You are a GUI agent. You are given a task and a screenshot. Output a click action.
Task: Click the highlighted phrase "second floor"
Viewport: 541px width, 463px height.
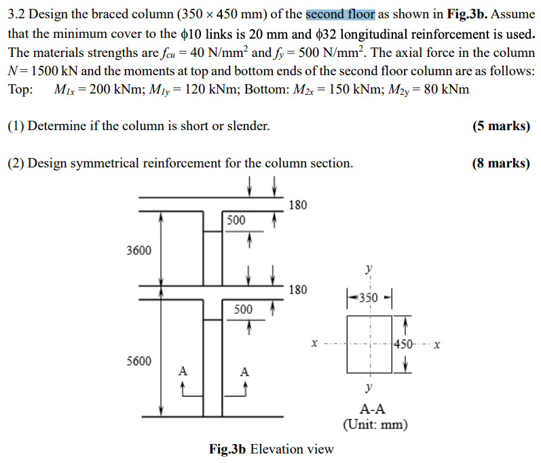click(340, 14)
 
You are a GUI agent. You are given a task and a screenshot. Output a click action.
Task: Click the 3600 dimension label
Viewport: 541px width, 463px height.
click(139, 251)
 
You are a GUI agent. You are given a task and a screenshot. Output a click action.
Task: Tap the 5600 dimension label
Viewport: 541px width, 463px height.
click(139, 361)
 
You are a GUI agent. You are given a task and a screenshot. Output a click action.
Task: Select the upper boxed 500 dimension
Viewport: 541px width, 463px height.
click(236, 220)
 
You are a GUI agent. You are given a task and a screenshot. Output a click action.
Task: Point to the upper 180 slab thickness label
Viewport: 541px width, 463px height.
click(297, 205)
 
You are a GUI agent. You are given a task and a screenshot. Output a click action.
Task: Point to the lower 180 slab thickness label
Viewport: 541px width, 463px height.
click(297, 290)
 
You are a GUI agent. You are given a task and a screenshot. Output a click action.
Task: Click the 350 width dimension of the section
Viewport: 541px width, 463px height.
click(369, 296)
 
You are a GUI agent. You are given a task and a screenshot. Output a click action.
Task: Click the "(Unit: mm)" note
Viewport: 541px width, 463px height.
click(375, 425)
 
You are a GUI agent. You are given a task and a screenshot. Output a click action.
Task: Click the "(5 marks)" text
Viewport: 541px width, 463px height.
click(501, 126)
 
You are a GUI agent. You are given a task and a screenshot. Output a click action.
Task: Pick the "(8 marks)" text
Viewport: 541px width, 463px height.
click(501, 163)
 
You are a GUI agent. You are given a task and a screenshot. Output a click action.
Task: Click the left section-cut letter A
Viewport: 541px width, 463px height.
click(182, 371)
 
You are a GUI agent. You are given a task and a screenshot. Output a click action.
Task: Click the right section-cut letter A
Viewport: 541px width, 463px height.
click(244, 371)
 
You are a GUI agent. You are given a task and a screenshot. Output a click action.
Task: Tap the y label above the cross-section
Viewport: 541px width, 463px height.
click(369, 269)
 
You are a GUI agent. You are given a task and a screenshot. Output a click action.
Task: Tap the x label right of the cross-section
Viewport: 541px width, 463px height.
click(437, 344)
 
